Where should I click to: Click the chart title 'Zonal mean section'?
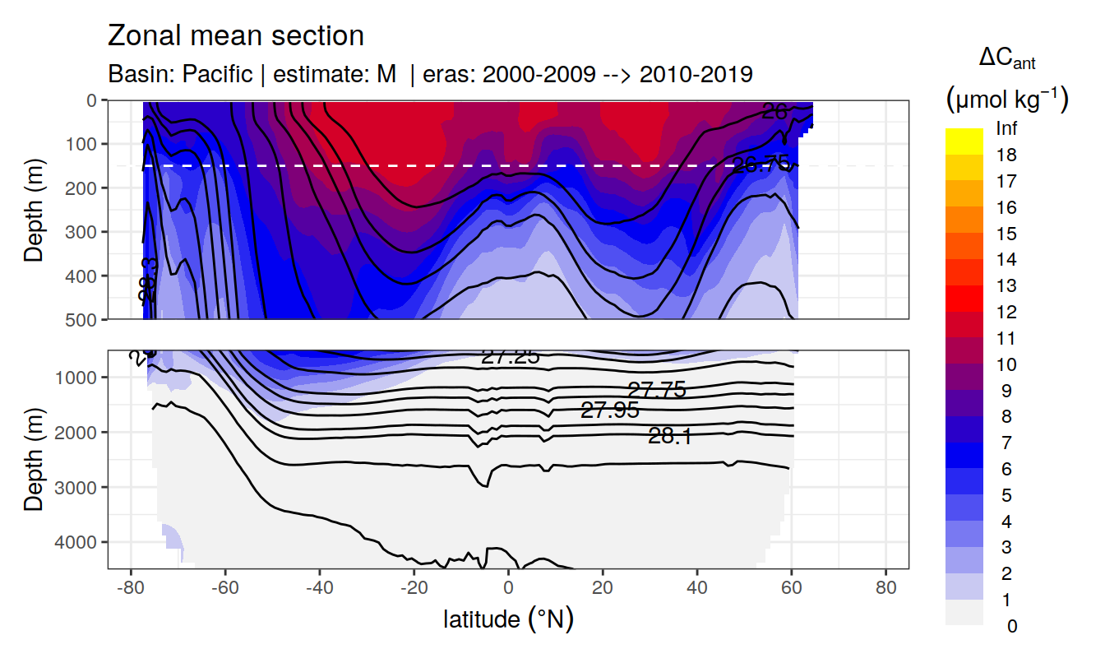[235, 36]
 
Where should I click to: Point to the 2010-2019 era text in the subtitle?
[696, 74]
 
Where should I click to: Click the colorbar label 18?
[1006, 155]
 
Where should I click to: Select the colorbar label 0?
[1011, 626]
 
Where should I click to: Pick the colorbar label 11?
[1006, 338]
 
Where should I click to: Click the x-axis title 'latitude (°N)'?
[508, 618]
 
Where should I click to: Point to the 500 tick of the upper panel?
[85, 318]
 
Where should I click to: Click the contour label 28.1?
[669, 437]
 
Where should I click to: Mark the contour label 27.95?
[609, 410]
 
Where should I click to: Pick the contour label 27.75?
[656, 390]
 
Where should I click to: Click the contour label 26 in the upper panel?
[774, 112]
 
